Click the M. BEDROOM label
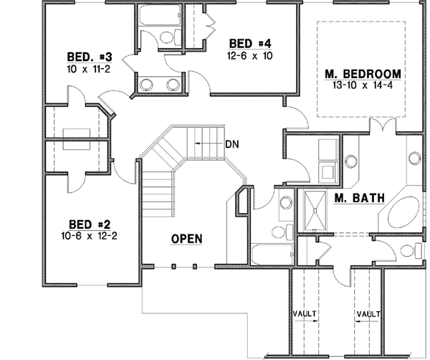(362, 74)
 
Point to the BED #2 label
(89, 223)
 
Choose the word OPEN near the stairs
(186, 238)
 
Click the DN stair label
(231, 143)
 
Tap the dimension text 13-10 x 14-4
(362, 85)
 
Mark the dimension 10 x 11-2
(87, 70)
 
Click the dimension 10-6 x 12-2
(89, 235)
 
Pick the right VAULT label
(368, 314)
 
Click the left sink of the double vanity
(145, 84)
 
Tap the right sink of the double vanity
(173, 84)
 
